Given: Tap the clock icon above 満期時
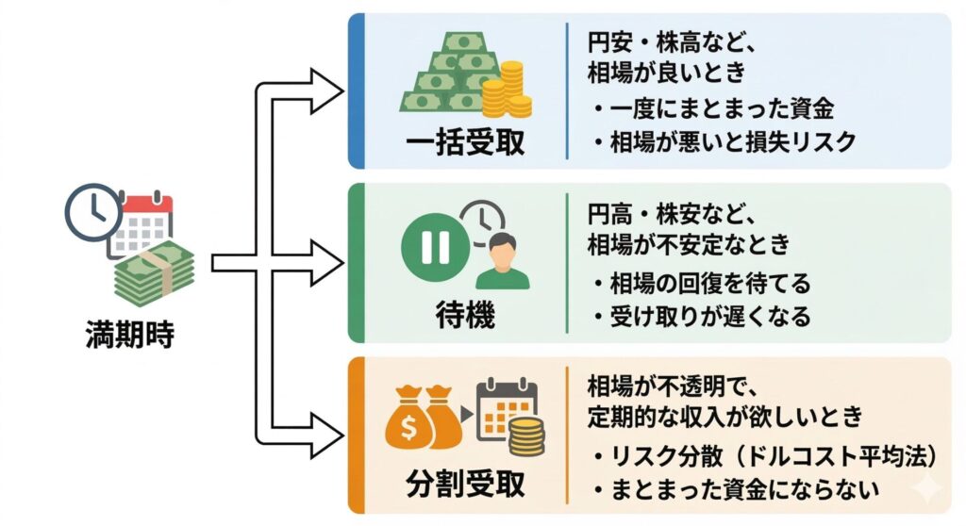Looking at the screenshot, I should click(92, 208).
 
